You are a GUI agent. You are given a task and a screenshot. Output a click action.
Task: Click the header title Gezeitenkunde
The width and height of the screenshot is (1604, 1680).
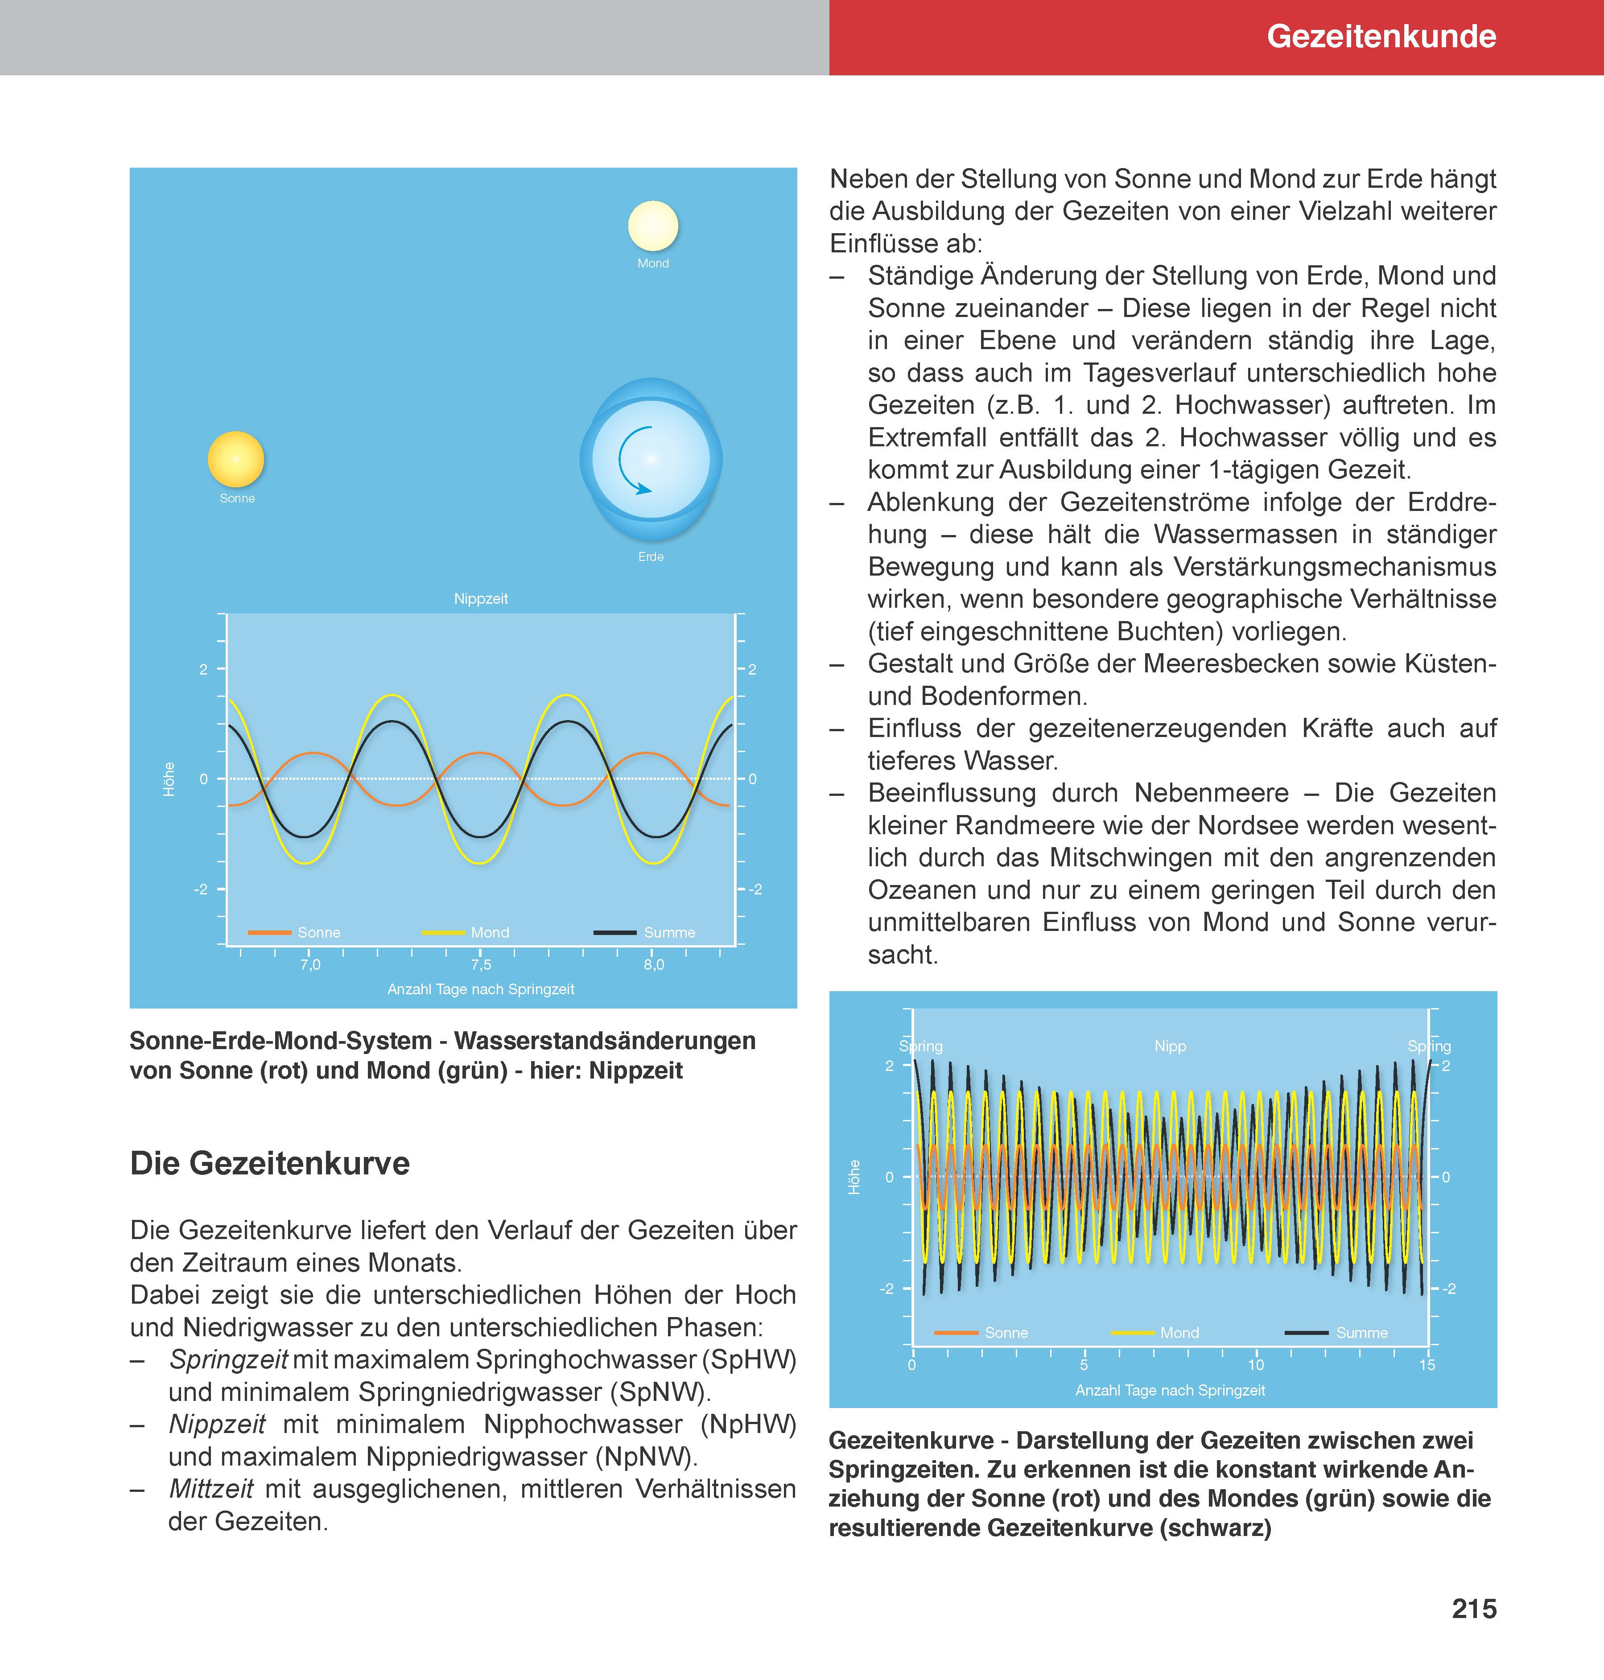(1381, 36)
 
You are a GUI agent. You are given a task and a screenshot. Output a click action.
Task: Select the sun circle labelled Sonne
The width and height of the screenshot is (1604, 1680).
(236, 459)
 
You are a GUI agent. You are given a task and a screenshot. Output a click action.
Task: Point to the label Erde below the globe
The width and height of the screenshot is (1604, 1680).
(651, 556)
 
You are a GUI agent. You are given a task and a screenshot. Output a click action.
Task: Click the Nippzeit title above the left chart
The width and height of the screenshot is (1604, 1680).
(481, 598)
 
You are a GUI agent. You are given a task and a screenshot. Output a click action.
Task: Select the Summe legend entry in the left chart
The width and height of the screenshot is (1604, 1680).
(668, 932)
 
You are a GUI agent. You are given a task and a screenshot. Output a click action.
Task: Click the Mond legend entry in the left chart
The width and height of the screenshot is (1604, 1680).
(489, 932)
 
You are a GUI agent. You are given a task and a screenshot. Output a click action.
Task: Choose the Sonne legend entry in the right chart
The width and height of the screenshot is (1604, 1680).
(1006, 1332)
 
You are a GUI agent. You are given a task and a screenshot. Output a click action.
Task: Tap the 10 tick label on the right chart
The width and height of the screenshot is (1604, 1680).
(1255, 1364)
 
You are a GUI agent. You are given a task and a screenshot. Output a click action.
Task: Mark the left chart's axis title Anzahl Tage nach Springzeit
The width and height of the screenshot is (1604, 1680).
(481, 989)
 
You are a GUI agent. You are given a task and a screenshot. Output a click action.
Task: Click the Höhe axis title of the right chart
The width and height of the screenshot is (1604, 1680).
(854, 1177)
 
